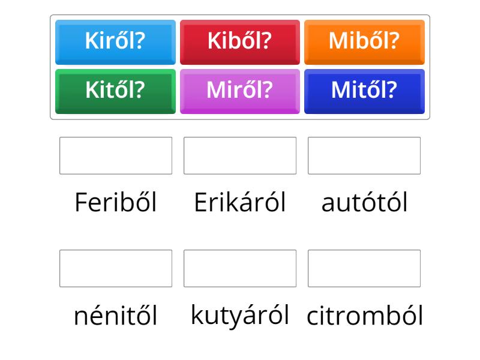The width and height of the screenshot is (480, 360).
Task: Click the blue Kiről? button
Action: point(115,42)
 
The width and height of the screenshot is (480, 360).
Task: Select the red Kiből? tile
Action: point(240,42)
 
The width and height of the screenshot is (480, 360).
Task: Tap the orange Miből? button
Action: point(364,42)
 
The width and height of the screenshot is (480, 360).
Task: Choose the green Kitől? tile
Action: point(115,92)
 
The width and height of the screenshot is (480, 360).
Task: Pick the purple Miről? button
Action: point(240,92)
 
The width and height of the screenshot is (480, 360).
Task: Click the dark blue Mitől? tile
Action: point(364,92)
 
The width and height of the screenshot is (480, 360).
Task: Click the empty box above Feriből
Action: point(116,155)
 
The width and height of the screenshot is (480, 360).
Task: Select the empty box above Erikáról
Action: point(240,155)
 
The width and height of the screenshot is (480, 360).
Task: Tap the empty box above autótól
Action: point(364,155)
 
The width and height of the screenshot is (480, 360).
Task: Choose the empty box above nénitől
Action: point(116,268)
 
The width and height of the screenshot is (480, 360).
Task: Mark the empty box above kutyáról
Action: point(240,268)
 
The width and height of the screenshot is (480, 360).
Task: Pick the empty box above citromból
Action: point(364,268)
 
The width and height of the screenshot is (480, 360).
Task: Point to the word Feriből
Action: point(116,202)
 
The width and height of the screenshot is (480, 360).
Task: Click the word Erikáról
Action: point(240,202)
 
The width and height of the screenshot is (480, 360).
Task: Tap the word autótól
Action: point(364,202)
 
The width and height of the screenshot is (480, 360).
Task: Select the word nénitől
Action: point(116,315)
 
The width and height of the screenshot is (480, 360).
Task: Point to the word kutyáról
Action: point(240,316)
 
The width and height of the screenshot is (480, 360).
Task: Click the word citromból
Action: point(365,315)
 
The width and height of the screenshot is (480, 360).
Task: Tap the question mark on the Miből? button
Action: point(394,41)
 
